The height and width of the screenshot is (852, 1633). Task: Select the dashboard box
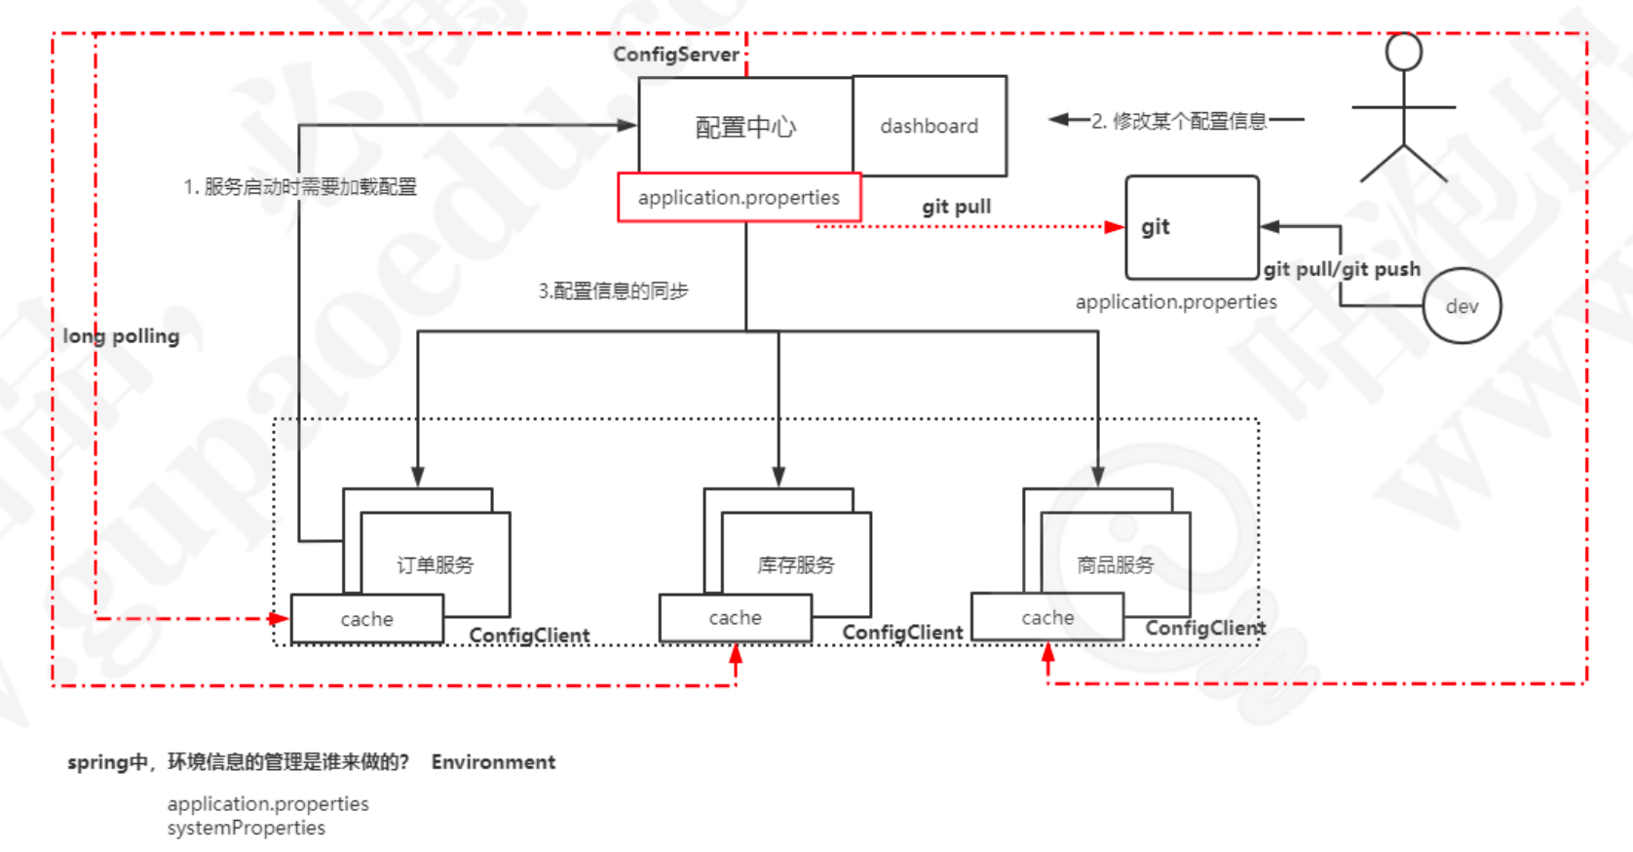click(930, 126)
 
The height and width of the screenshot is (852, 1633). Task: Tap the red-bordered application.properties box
click(739, 198)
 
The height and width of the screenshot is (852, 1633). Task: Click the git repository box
click(1192, 227)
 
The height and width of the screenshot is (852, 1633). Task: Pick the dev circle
click(1462, 306)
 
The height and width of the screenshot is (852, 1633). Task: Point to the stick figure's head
click(1404, 52)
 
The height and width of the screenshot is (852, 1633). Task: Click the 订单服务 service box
click(436, 564)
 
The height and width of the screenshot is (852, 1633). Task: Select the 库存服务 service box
click(796, 564)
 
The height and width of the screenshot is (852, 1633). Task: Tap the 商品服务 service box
click(1116, 564)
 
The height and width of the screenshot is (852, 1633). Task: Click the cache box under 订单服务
click(367, 619)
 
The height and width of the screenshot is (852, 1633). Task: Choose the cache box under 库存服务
click(736, 618)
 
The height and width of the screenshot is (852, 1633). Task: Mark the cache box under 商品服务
click(1047, 618)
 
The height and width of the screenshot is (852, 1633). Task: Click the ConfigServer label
click(675, 55)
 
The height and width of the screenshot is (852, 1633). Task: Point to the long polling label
click(121, 336)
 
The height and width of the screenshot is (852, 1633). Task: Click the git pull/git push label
click(1342, 269)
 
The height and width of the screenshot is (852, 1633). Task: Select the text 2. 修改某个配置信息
click(1179, 121)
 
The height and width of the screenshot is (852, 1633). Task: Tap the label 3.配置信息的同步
click(613, 290)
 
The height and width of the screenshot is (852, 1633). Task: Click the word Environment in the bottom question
click(493, 762)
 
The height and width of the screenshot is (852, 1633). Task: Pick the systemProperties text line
click(247, 828)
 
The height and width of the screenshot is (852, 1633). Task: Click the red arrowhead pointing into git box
click(1115, 227)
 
